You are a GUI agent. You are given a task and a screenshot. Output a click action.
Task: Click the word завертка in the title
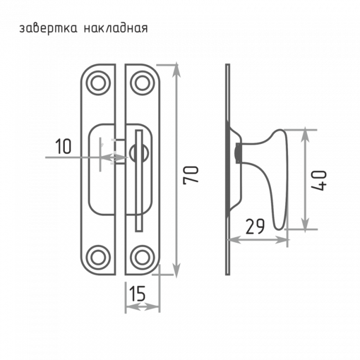point(48,29)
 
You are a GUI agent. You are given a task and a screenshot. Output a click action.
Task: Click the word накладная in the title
point(116,28)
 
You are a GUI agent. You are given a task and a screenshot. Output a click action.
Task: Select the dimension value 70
point(191,175)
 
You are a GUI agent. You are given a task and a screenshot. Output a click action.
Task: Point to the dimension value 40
point(318,181)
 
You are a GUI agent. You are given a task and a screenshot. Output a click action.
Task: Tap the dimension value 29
point(255,227)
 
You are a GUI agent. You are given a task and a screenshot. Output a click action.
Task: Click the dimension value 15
point(137,294)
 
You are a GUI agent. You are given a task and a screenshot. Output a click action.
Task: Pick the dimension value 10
point(63,146)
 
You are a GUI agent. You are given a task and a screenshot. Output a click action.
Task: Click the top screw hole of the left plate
point(98,83)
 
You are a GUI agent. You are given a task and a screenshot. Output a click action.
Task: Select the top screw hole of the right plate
point(142,83)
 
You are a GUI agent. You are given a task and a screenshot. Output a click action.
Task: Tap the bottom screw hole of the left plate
point(98,258)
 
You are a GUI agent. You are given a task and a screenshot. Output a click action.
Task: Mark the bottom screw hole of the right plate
point(142,258)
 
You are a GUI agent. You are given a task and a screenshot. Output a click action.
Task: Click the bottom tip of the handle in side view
point(279,230)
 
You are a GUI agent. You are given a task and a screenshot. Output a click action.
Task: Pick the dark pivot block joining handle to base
point(239,153)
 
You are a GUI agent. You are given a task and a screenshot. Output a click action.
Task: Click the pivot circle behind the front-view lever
point(139,153)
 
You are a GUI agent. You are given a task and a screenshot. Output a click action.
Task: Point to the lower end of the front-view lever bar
point(139,231)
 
